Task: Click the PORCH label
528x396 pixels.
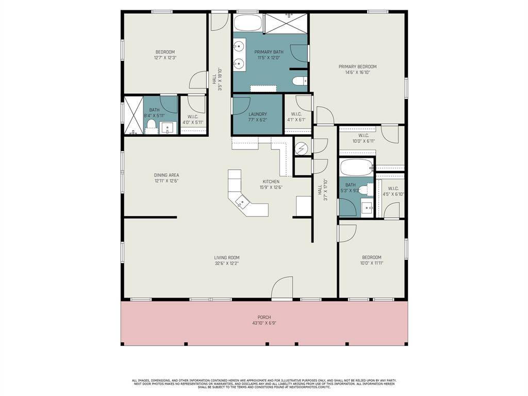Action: (264, 317)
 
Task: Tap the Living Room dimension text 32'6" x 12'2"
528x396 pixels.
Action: (227, 263)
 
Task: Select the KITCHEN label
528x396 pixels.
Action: (271, 181)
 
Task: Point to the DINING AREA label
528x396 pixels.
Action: (166, 175)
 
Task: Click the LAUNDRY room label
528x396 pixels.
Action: (257, 114)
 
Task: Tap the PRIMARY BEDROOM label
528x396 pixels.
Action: (357, 67)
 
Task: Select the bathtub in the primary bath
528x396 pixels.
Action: (248, 24)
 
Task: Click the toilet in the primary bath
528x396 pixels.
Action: (300, 81)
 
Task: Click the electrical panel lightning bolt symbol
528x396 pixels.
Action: (301, 148)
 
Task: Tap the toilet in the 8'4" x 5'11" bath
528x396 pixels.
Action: (152, 126)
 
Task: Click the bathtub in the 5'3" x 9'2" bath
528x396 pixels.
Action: (356, 168)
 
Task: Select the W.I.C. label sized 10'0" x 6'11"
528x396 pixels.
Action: (364, 135)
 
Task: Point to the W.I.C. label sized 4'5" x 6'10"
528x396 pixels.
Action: (393, 189)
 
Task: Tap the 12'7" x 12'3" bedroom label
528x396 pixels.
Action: (165, 52)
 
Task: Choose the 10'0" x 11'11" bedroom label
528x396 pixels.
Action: (371, 257)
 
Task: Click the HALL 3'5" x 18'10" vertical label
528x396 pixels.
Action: (214, 80)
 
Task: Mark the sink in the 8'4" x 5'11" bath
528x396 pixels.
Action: (167, 127)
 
